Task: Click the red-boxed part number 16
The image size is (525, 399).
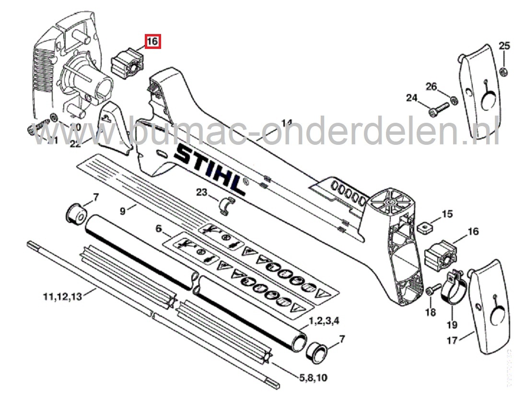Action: tap(152, 42)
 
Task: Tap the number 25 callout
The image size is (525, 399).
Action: tap(504, 47)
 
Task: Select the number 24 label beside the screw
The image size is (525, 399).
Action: tap(412, 98)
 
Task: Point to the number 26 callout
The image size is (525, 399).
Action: tap(432, 86)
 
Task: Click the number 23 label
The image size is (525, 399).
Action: tap(202, 192)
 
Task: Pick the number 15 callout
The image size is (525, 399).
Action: tap(447, 214)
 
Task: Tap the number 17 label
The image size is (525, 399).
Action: tap(452, 340)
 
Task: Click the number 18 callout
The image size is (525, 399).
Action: tap(430, 313)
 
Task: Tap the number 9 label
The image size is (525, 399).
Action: tap(122, 210)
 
